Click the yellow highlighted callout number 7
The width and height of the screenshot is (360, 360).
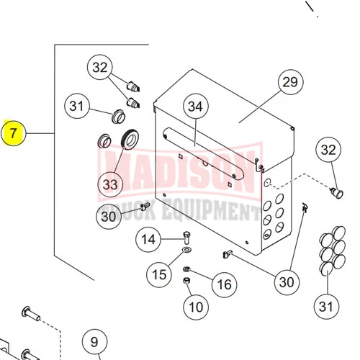(x=13, y=133)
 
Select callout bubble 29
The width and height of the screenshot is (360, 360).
(x=291, y=82)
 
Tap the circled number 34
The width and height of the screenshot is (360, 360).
(x=196, y=107)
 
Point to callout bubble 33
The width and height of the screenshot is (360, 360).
(x=110, y=184)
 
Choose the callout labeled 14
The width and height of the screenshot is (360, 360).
(x=148, y=239)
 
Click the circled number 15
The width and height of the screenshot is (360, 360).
(x=159, y=274)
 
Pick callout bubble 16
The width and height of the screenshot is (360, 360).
(x=225, y=284)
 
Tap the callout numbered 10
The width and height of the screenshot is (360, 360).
(x=196, y=307)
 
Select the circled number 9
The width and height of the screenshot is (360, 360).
(x=95, y=342)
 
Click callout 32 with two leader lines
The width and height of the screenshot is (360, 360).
(x=100, y=67)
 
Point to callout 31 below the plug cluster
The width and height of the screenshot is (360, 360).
(x=327, y=307)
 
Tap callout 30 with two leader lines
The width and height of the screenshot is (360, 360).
(x=287, y=282)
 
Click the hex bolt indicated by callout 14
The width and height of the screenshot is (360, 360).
(x=187, y=237)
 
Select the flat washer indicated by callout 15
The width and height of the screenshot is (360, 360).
(x=186, y=250)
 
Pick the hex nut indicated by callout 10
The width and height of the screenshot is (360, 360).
(x=186, y=280)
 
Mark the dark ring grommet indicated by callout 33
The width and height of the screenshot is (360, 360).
(x=130, y=139)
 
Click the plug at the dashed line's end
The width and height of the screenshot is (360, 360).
(x=338, y=193)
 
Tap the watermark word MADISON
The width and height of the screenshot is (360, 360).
(x=180, y=171)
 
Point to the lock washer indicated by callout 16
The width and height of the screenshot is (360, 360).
(x=186, y=269)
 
